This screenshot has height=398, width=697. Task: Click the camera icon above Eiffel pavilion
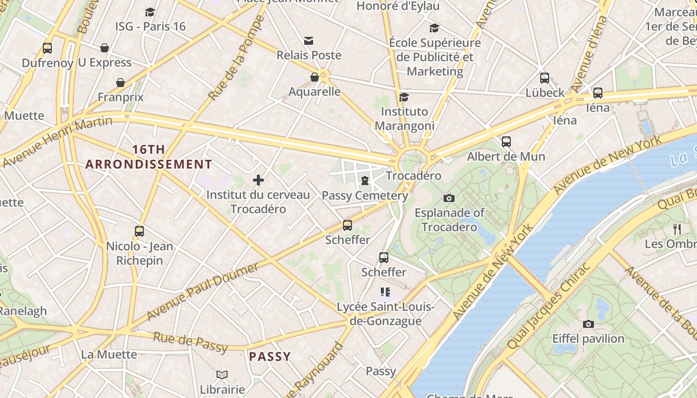point(588,324)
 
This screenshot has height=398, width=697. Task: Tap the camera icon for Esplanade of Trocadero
point(449,198)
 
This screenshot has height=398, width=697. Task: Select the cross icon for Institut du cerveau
point(258,180)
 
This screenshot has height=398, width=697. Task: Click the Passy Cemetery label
point(365,196)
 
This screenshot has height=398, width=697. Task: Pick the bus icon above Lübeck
point(545,78)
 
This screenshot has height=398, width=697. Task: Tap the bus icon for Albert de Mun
point(506,141)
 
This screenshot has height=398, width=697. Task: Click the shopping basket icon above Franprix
point(120,82)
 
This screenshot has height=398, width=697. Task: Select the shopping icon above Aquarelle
point(315,77)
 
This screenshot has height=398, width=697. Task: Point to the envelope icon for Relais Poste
point(309,40)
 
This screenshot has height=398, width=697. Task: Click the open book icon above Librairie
point(222,374)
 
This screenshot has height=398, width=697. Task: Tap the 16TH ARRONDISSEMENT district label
point(148,157)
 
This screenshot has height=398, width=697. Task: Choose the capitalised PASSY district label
point(270,357)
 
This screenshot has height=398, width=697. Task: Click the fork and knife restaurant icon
point(677,229)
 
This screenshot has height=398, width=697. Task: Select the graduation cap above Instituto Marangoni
point(404,97)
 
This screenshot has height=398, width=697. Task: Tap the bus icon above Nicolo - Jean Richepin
point(139,231)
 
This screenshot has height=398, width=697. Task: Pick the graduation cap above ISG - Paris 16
point(150,12)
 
